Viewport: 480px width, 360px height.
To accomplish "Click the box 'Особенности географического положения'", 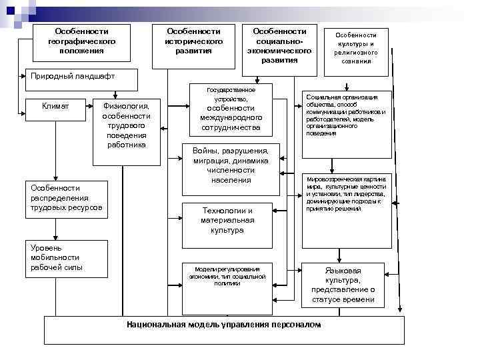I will click(82, 41).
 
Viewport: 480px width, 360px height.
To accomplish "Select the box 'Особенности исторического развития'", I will click(193, 41).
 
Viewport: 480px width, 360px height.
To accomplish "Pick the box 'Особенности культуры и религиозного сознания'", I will click(355, 47).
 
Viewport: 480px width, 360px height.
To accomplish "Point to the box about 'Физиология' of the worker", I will click(126, 125).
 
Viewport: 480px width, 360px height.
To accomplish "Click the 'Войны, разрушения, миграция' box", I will click(231, 164).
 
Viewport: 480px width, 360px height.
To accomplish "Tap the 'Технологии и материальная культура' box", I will click(227, 220).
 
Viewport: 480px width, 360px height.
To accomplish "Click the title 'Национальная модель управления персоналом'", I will click(223, 325).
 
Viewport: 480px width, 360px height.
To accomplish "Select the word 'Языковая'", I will click(343, 271).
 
